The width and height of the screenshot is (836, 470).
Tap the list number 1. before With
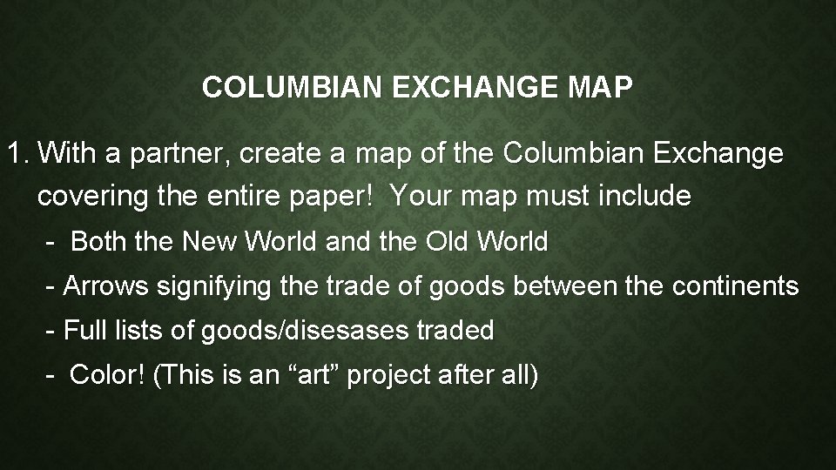(17, 155)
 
